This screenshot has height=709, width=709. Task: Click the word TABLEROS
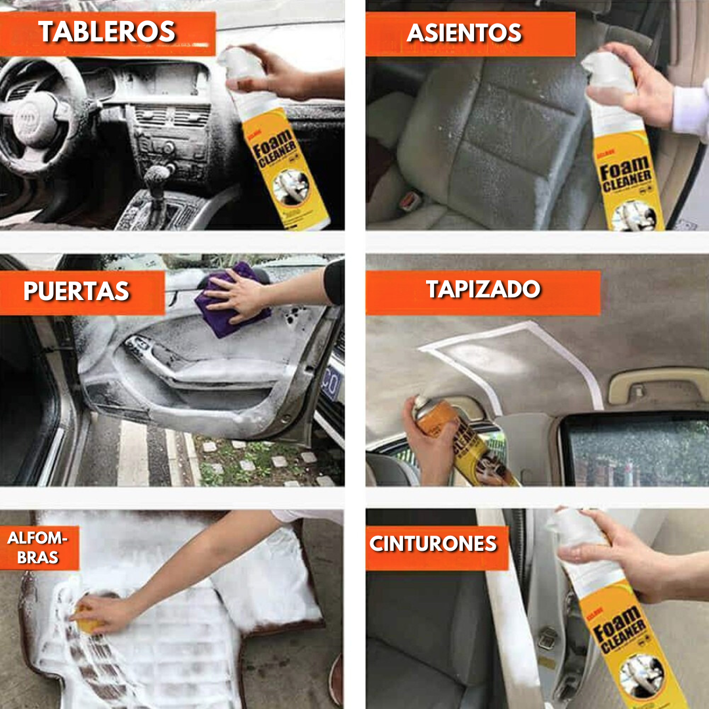pyautogui.click(x=107, y=32)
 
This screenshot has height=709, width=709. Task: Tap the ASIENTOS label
pyautogui.click(x=464, y=33)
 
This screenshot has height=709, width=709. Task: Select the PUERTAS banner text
pyautogui.click(x=77, y=291)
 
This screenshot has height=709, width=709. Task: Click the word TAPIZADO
pyautogui.click(x=483, y=290)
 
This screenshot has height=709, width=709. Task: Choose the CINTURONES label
pyautogui.click(x=433, y=544)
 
